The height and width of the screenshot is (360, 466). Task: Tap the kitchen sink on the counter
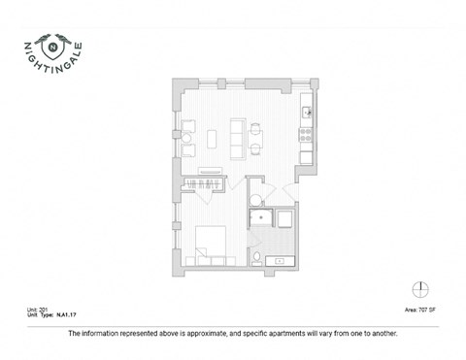pyautogui.click(x=307, y=112)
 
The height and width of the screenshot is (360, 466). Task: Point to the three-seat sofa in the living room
pyautogui.click(x=236, y=136)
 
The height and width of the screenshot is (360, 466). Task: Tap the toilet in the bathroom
pyautogui.click(x=257, y=258)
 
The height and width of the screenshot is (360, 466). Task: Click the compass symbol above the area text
pyautogui.click(x=419, y=288)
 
